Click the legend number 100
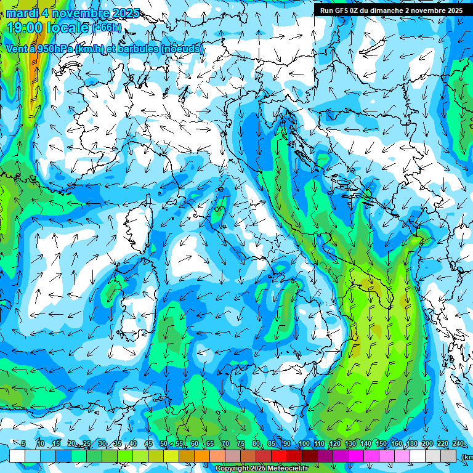304,443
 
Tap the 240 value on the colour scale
458,443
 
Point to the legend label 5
23,443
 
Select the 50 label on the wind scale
164,443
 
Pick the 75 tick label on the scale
241,443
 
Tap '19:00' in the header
23,28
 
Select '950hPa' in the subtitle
57,49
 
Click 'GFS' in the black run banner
342,10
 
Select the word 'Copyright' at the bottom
232,469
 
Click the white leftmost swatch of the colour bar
17,456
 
